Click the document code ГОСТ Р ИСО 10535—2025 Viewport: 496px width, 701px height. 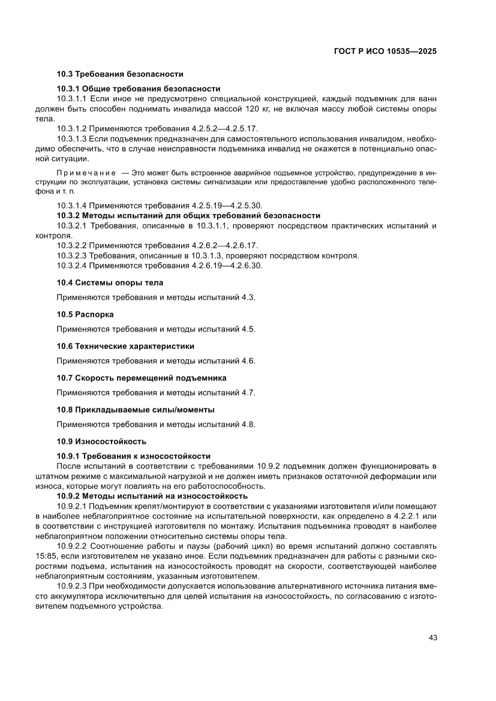384,52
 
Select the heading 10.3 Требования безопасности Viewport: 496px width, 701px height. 120,74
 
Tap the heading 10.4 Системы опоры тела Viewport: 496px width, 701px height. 110,282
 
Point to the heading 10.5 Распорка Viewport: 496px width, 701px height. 85,314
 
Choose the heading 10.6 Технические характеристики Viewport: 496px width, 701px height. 125,346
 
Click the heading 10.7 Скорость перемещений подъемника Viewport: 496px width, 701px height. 142,378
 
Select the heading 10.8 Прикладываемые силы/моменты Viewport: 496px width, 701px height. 136,410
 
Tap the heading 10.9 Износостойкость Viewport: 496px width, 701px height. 101,441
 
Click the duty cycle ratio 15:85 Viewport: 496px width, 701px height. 46,557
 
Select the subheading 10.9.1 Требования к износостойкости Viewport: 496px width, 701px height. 133,456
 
